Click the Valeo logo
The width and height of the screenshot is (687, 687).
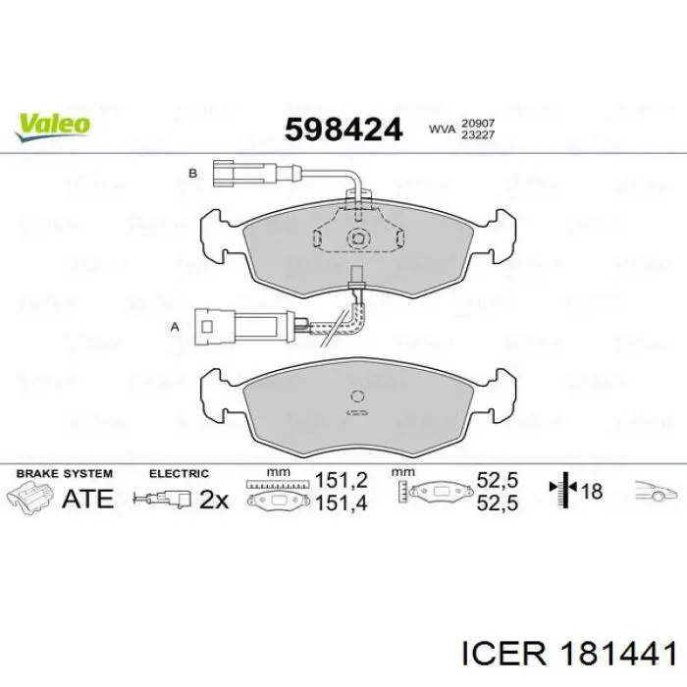pos(53,127)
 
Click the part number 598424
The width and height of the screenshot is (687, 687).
pos(343,130)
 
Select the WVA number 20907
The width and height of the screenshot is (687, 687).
pos(478,124)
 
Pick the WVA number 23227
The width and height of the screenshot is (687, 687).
pos(478,135)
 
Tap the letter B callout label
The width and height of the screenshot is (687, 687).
pos(192,174)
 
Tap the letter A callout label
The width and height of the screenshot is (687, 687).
pos(175,327)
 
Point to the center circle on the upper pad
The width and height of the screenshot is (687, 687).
pos(358,238)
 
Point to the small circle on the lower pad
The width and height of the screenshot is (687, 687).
pos(357,396)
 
